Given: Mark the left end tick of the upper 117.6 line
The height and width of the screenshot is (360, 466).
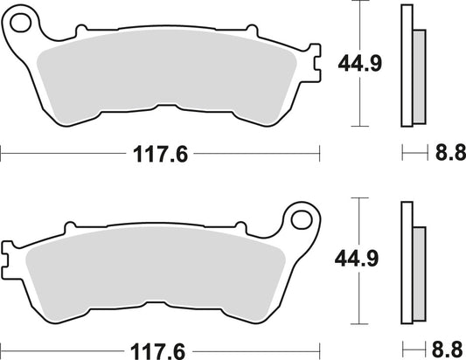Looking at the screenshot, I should coord(2,155).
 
